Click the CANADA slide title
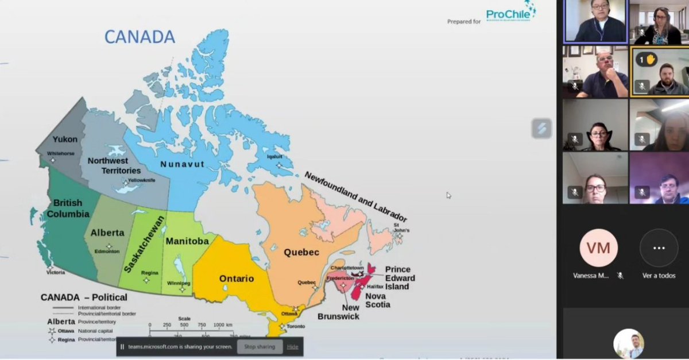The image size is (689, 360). coord(140,37)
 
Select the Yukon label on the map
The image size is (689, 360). coord(65,140)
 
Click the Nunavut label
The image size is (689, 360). coord(182,164)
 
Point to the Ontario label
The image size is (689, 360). coord(237,279)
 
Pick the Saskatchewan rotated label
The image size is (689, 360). coord(144,244)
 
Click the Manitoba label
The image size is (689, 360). coord(187,241)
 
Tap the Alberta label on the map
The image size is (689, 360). coord(107,233)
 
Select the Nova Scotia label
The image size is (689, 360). coord(378,300)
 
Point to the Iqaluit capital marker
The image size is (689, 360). coord(279,165)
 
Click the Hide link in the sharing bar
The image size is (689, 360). coord(293,347)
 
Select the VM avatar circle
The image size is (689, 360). coord(598,248)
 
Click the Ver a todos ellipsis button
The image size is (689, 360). coord(659,248)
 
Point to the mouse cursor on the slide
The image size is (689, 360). coord(449,195)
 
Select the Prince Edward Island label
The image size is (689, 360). coord(400,278)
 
